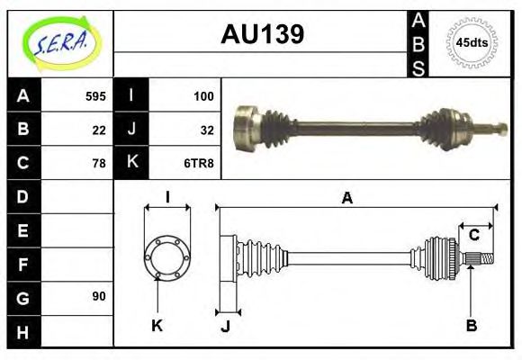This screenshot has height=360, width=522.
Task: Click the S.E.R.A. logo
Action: (59, 42)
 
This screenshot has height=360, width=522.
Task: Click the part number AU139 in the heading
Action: (262, 35)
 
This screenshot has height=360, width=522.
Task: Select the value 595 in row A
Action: (95, 95)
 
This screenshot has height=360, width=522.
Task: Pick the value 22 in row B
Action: (99, 129)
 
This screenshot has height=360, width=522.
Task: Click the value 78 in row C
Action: (99, 163)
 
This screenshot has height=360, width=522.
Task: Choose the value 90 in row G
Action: (99, 296)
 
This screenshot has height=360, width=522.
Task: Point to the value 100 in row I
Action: (202, 95)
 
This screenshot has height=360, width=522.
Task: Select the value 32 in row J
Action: (206, 129)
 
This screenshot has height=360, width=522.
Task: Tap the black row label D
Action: (22, 196)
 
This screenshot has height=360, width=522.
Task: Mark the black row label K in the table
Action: (131, 163)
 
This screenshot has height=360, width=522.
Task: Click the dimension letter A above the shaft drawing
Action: (346, 199)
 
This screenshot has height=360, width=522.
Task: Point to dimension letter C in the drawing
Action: (472, 236)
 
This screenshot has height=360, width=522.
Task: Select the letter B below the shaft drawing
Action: (471, 325)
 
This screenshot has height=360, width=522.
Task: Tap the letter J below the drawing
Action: (225, 327)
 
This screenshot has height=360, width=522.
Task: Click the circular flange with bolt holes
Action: (166, 257)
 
